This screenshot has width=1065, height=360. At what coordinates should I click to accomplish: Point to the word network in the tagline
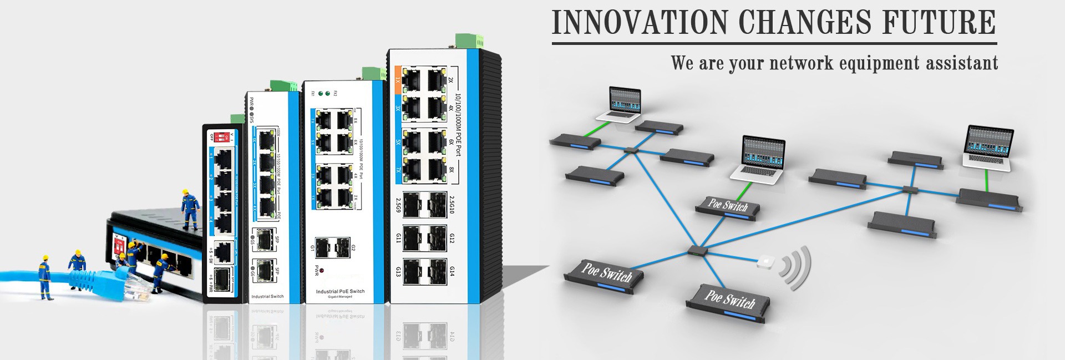[x=802, y=63]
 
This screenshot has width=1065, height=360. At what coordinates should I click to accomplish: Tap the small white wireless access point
[x=765, y=261]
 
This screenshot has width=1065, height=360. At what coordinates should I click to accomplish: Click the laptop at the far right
[x=988, y=146]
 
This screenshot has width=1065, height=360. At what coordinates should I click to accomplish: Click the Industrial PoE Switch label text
[x=340, y=291]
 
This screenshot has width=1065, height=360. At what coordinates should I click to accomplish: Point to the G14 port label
[x=452, y=271]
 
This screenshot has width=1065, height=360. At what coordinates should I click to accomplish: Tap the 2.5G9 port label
[x=398, y=205]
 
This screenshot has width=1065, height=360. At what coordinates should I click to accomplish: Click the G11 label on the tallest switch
[x=398, y=238]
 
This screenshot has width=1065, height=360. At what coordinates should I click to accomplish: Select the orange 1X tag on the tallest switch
[x=398, y=80]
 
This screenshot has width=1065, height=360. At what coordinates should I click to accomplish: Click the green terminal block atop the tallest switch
[x=469, y=40]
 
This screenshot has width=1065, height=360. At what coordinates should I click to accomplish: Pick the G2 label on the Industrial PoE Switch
[x=353, y=247]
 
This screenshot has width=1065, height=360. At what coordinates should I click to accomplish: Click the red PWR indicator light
[x=322, y=270]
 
